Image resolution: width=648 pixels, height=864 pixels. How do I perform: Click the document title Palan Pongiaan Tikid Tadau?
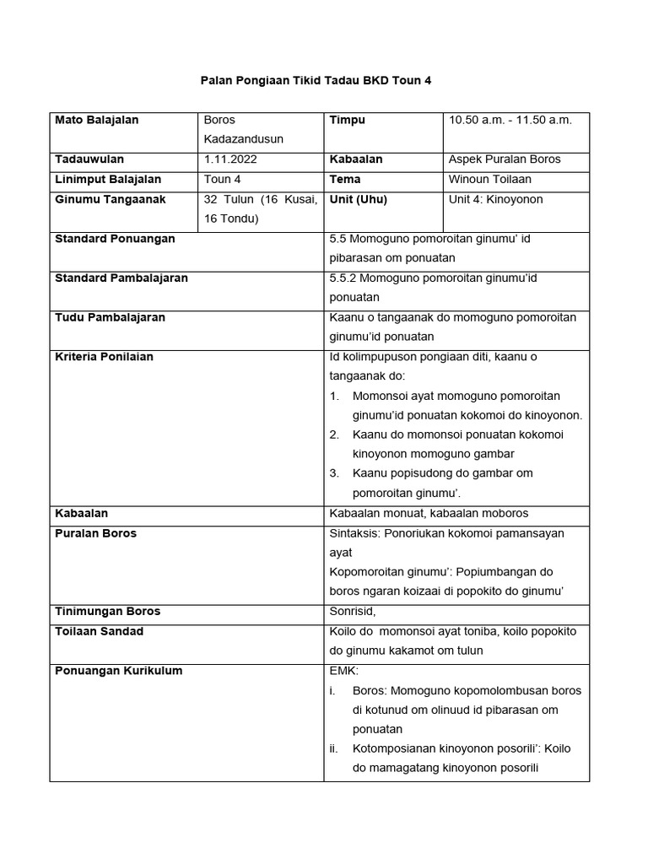(x=315, y=80)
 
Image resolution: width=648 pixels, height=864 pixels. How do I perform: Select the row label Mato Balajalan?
(x=96, y=121)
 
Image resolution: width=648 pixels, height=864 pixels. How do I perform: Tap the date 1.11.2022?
(x=231, y=159)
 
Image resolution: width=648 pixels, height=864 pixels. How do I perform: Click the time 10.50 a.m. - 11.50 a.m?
(x=510, y=121)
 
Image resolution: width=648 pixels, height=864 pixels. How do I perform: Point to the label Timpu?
(x=347, y=121)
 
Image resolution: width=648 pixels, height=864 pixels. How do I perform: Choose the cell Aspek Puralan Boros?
(x=504, y=159)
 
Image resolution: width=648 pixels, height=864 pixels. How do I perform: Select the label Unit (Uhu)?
(x=358, y=200)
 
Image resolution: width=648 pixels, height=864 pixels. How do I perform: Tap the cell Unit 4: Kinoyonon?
(x=495, y=200)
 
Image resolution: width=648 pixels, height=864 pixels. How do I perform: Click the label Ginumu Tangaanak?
(x=110, y=200)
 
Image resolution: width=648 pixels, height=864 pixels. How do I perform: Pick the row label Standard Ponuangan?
(x=115, y=240)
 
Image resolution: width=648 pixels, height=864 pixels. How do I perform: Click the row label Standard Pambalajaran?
(x=121, y=278)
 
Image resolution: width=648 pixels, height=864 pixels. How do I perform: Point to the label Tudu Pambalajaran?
(x=110, y=318)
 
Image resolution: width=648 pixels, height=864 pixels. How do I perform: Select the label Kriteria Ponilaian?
(x=104, y=357)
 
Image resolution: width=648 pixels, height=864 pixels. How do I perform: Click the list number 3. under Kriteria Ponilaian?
(x=334, y=473)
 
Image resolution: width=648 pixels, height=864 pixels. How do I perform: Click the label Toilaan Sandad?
(x=99, y=632)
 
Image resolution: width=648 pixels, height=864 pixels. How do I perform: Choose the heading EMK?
(x=343, y=672)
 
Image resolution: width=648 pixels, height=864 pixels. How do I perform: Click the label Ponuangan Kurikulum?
(x=118, y=672)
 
